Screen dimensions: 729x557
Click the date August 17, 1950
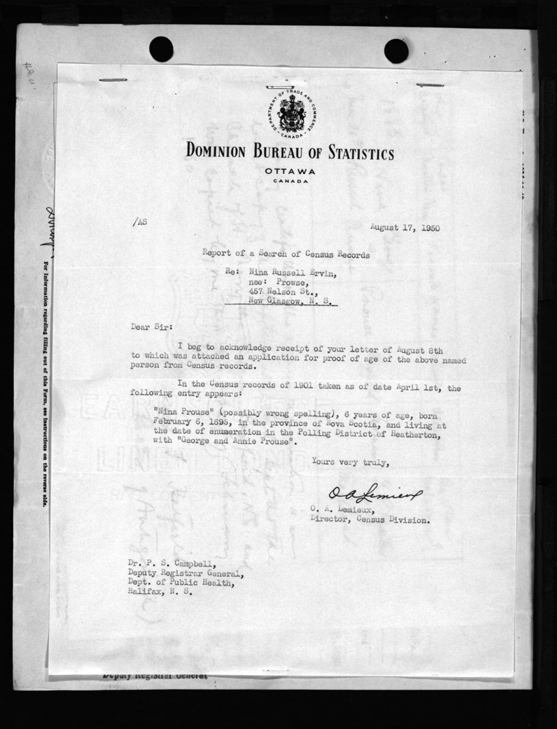tap(405, 227)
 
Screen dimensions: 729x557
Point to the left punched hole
tap(161, 49)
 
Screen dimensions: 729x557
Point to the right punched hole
tap(396, 51)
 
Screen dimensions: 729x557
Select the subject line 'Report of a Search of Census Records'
tap(286, 255)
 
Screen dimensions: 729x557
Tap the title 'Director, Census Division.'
tap(370, 519)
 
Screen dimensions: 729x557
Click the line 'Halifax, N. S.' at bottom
tap(160, 592)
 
